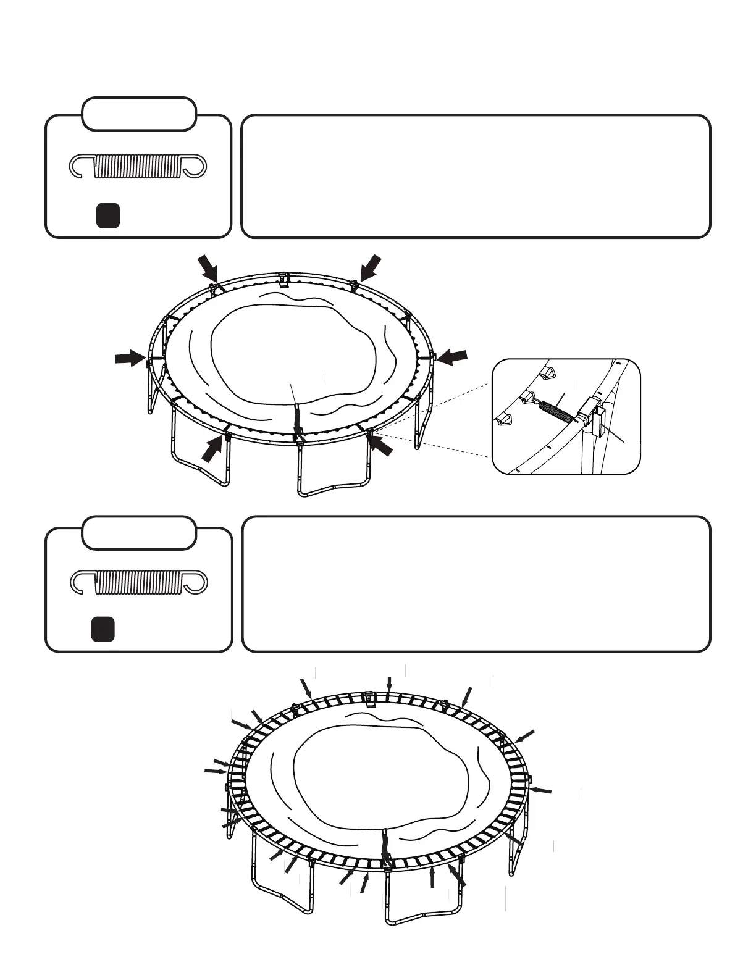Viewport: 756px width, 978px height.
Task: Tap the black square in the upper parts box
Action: pyautogui.click(x=107, y=215)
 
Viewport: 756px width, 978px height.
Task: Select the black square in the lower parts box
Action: pyautogui.click(x=103, y=629)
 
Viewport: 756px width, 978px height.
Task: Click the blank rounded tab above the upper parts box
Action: pyautogui.click(x=139, y=114)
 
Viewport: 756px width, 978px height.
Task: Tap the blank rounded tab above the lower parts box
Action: pyautogui.click(x=139, y=532)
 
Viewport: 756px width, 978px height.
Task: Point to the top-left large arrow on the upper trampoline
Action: pyautogui.click(x=209, y=269)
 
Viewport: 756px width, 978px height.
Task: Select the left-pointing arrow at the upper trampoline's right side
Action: pyautogui.click(x=452, y=356)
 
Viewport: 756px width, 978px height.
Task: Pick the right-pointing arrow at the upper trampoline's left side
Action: pyautogui.click(x=130, y=358)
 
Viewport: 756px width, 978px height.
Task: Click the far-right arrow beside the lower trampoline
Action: pyautogui.click(x=541, y=790)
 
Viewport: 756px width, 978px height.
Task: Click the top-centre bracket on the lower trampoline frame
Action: pyautogui.click(x=368, y=698)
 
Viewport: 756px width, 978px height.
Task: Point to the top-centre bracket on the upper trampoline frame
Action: pyautogui.click(x=283, y=279)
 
